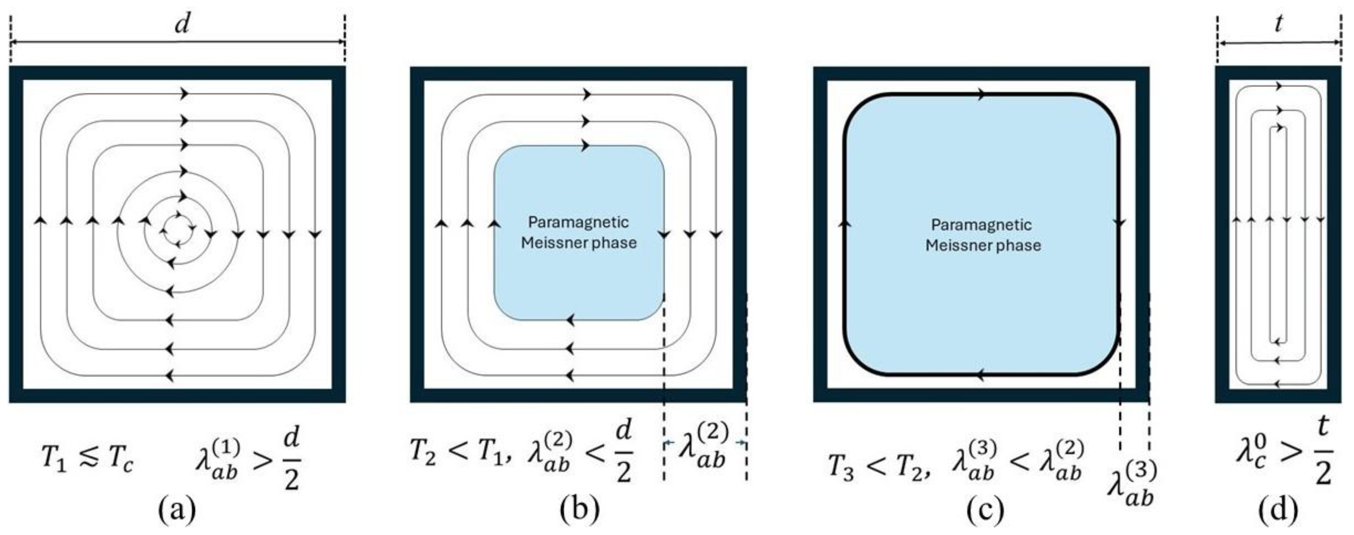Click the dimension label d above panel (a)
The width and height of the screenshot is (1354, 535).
[x=182, y=23]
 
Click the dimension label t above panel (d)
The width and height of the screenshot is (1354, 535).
[x=1278, y=23]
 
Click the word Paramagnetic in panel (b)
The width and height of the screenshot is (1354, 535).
[x=578, y=222]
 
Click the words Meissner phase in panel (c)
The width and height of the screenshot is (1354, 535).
[x=983, y=245]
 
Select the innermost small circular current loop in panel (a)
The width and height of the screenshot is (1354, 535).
[x=174, y=229]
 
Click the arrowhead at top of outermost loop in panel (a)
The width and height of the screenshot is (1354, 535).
[x=184, y=94]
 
